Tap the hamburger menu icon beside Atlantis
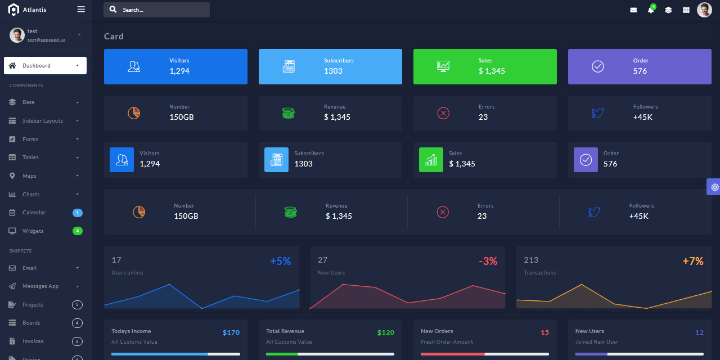pyautogui.click(x=81, y=10)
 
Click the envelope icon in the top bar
pyautogui.click(x=633, y=10)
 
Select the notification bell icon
pyautogui.click(x=651, y=10)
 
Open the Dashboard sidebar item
pyautogui.click(x=45, y=66)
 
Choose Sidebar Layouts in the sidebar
pyautogui.click(x=43, y=121)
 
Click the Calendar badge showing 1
pyautogui.click(x=78, y=213)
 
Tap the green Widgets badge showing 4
pyautogui.click(x=78, y=231)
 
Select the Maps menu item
pyautogui.click(x=29, y=176)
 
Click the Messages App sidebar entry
pyautogui.click(x=40, y=286)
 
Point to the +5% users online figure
pyautogui.click(x=281, y=262)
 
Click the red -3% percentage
pyautogui.click(x=488, y=262)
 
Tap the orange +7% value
pyautogui.click(x=693, y=262)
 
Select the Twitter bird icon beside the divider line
pyautogui.click(x=594, y=212)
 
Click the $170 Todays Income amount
pyautogui.click(x=231, y=332)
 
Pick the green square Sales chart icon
pyautogui.click(x=431, y=160)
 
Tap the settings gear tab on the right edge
pyautogui.click(x=714, y=187)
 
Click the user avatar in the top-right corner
pyautogui.click(x=704, y=10)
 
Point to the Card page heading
pyautogui.click(x=114, y=37)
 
